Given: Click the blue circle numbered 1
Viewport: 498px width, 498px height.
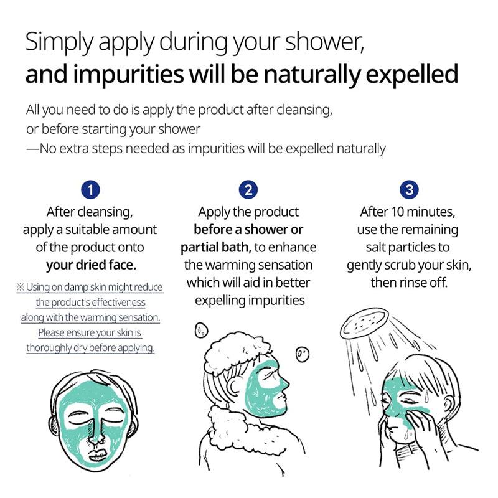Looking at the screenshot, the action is click(90, 190).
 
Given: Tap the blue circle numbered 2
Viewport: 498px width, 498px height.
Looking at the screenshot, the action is click(248, 190).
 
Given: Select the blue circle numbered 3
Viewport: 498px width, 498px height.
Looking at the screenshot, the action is click(409, 190).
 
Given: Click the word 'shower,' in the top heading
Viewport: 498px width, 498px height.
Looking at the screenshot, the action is click(324, 42).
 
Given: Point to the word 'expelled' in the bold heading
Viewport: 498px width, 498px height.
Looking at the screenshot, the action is click(412, 75).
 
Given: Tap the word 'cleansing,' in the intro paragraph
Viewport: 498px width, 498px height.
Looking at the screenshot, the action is click(304, 111).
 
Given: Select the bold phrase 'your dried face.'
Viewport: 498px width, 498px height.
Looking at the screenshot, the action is click(91, 266).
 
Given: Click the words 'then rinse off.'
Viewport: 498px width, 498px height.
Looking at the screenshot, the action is click(409, 283).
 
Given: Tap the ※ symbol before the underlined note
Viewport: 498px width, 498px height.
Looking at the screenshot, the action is click(21, 287).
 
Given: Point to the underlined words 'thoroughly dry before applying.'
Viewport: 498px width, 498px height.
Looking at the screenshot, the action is click(90, 348).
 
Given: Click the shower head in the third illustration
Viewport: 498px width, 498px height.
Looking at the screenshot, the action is click(364, 323).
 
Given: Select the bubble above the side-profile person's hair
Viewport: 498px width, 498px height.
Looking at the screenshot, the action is click(201, 331).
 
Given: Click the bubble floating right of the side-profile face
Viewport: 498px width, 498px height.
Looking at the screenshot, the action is click(303, 354).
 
